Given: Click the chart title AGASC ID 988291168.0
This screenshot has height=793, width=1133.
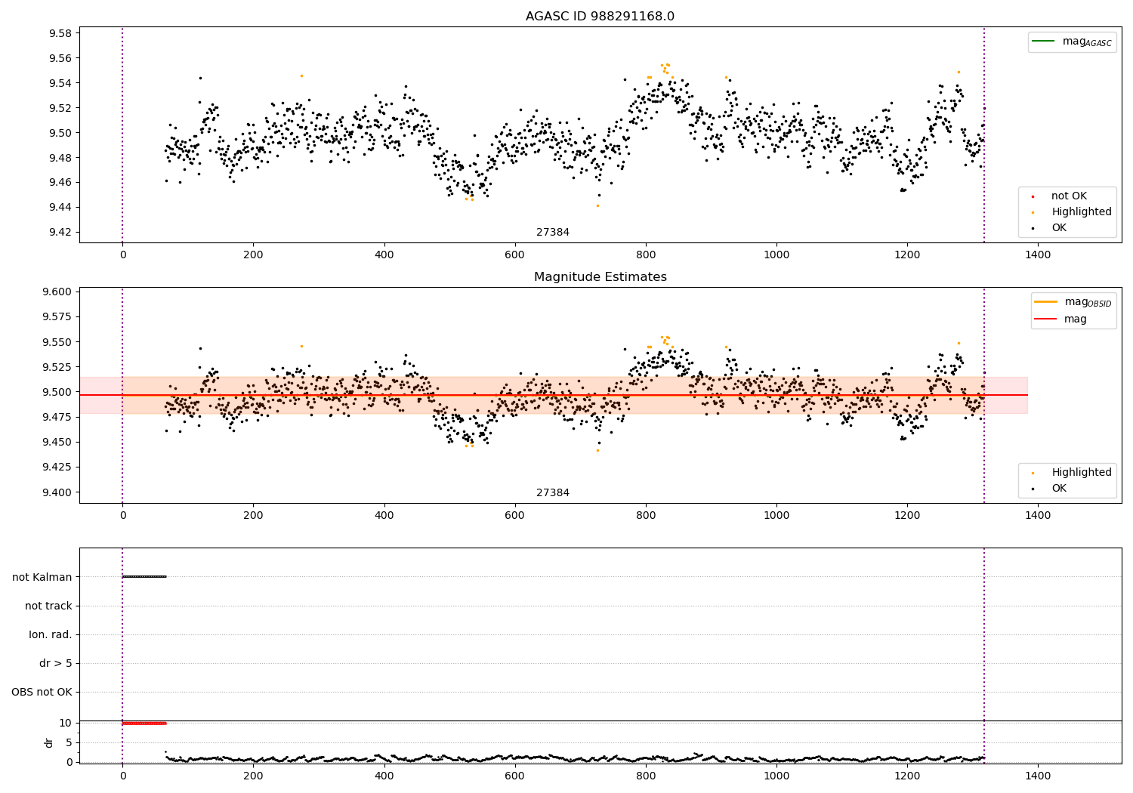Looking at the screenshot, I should (x=600, y=17).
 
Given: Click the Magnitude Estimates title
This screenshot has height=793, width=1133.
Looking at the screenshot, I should (x=600, y=277).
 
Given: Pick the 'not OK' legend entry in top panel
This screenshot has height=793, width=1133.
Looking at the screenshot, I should (x=1068, y=196).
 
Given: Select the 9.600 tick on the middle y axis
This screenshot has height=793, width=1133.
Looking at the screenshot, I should (x=56, y=292).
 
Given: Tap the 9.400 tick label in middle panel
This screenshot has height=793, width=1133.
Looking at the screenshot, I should (x=56, y=492).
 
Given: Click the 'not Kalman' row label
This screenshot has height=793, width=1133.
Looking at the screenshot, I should (x=42, y=577).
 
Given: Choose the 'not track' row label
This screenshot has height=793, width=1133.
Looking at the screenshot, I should (x=48, y=606).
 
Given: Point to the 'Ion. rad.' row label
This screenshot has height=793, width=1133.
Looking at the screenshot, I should (x=51, y=634).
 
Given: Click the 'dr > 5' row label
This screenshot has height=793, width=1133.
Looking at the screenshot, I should (x=56, y=663).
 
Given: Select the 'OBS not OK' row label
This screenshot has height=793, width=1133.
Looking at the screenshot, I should (x=42, y=692).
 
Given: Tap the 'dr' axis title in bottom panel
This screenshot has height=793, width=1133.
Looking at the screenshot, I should (x=49, y=742).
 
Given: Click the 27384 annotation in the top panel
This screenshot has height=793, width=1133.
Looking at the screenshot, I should (x=553, y=233).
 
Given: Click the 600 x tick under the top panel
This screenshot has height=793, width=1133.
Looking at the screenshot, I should (x=514, y=255).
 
